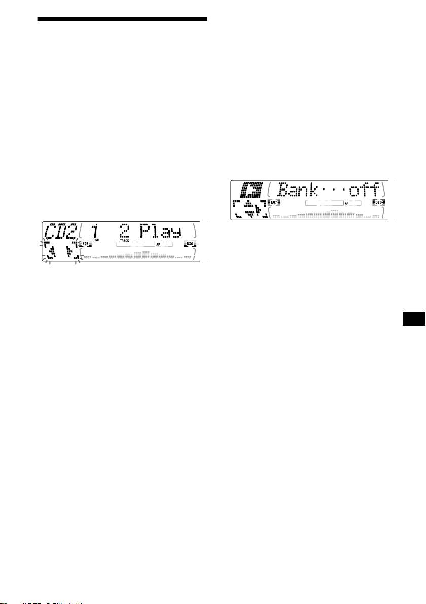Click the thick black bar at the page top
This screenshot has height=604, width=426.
pos(122,19)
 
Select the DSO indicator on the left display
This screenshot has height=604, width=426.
pos(190,244)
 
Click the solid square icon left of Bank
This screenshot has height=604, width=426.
pos(252,190)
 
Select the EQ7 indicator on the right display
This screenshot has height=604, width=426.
pos(274,202)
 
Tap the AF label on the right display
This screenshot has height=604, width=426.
pos(347,202)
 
